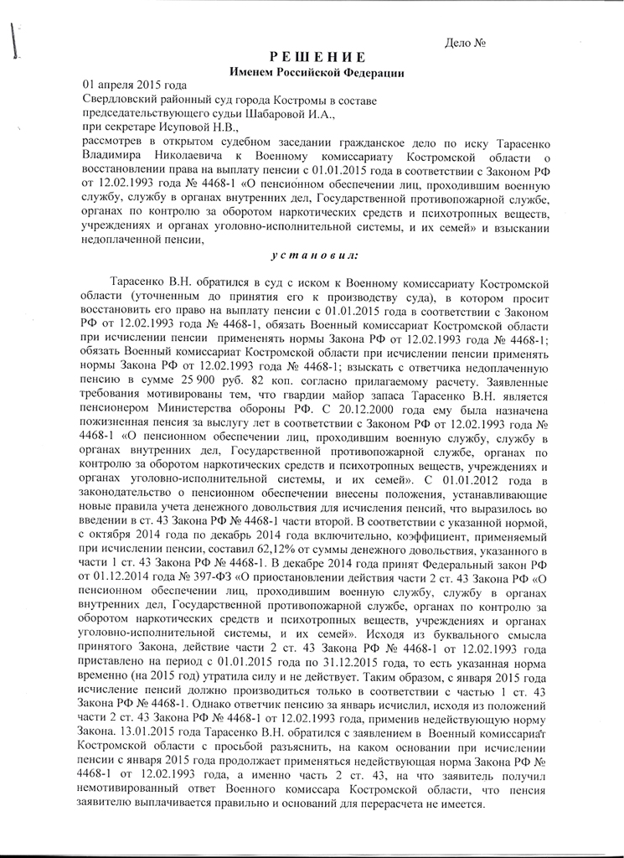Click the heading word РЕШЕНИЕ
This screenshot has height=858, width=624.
coord(317,57)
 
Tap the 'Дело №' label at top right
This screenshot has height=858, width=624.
coord(467,41)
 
